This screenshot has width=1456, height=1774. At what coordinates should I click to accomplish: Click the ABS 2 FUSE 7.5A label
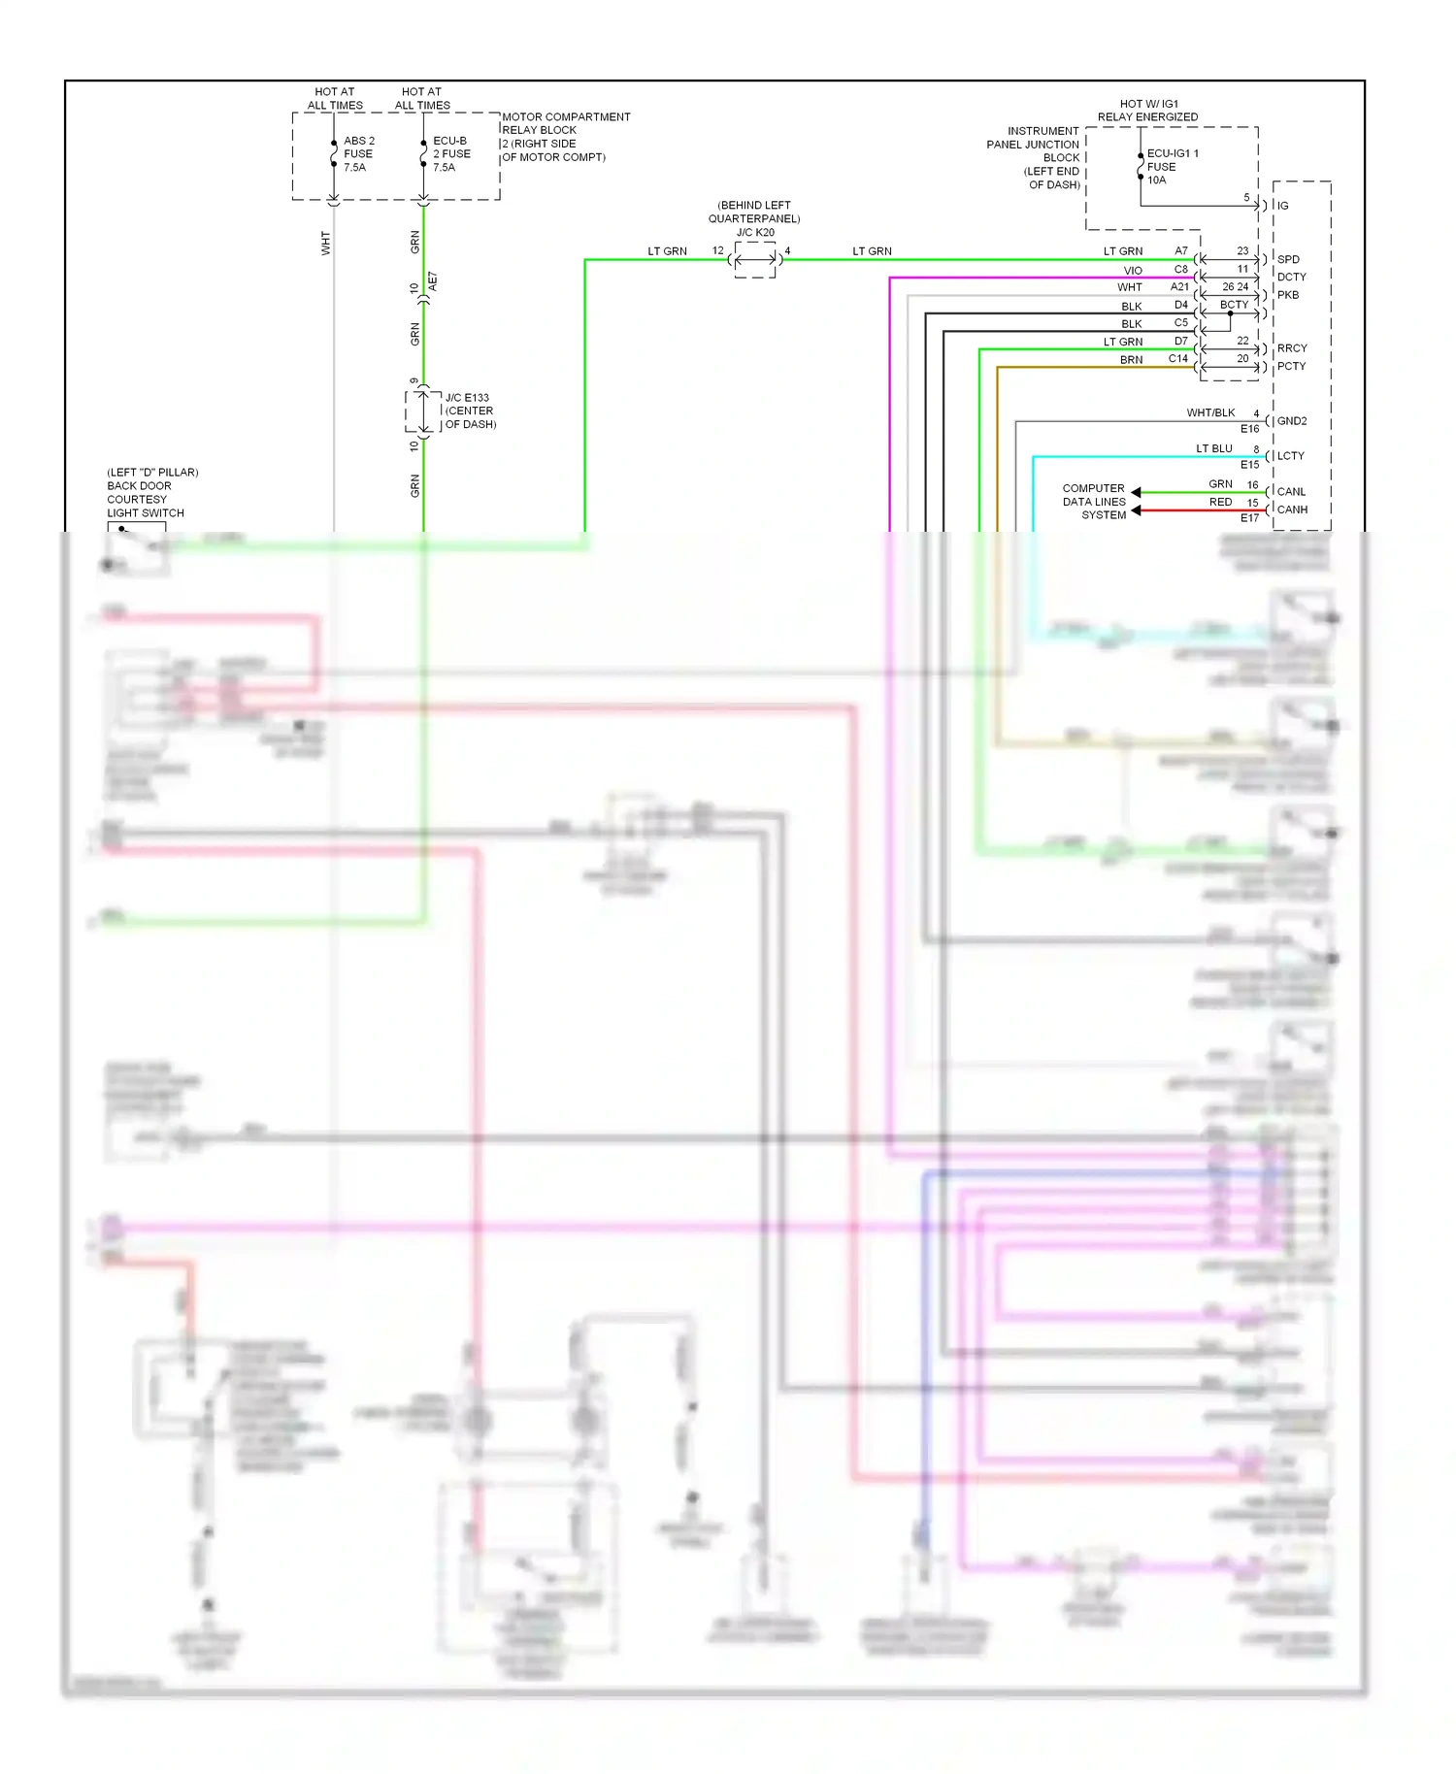pos(358,154)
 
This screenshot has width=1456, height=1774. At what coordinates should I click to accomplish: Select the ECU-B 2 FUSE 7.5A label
pos(450,154)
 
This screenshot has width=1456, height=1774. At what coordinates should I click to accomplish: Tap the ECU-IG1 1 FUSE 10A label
pos(1172,166)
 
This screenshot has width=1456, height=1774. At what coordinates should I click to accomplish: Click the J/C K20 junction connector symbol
pos(755,259)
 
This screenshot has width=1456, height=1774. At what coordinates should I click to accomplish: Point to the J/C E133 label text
pos(467,398)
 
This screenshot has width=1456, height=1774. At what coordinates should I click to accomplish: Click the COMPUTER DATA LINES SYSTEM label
pos(1094,502)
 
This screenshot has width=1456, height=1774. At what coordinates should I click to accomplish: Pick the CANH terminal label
pos(1292,509)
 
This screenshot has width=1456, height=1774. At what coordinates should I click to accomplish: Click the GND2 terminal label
pos(1292,421)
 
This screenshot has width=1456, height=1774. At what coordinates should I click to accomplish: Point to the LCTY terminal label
pos(1290,456)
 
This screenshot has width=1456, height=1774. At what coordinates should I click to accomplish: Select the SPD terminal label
pos(1288,259)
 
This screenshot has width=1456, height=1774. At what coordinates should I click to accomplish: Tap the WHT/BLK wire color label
pos(1209,413)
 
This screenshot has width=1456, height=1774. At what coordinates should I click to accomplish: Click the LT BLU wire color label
pos(1213,448)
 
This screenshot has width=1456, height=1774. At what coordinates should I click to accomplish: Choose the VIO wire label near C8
pos(1133,271)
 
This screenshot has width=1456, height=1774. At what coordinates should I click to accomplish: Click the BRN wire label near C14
pos(1131,360)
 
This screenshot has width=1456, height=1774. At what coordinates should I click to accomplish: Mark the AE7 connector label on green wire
pos(433,281)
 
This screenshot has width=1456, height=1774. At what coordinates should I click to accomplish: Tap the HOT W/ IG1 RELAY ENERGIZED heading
pos(1147,111)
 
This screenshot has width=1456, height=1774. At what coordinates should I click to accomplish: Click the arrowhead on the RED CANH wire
pos(1136,510)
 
